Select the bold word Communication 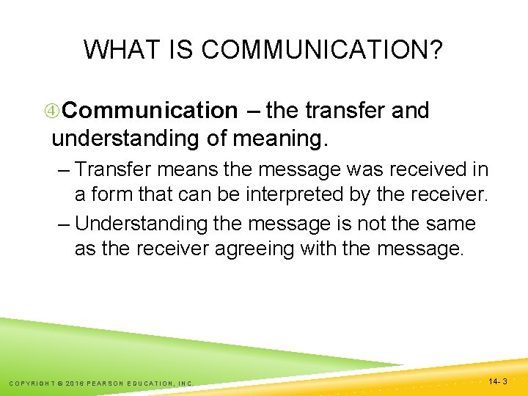pos(150,111)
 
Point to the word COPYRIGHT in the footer pos(35,383)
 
